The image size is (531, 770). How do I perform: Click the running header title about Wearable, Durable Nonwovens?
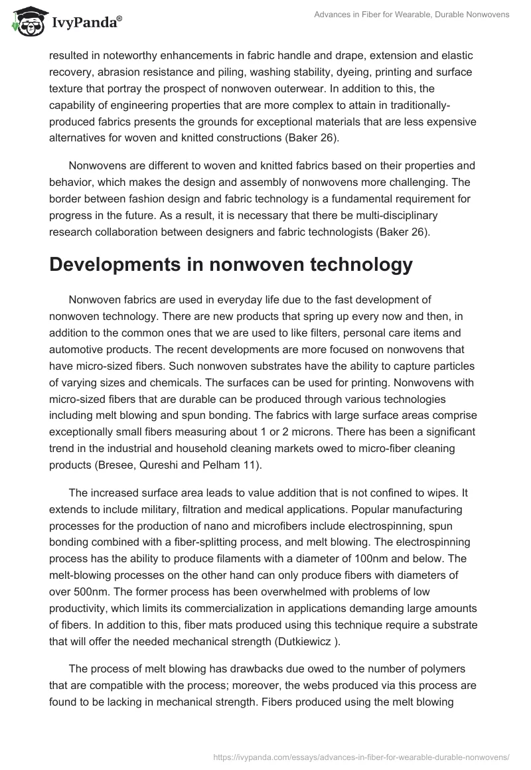click(x=412, y=15)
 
